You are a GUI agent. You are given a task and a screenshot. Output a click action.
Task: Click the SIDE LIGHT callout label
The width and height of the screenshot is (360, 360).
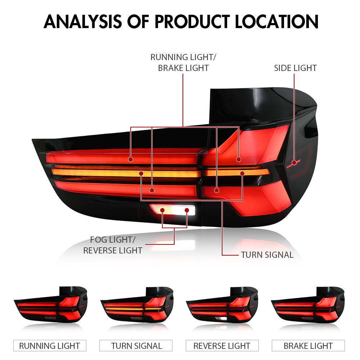coord(295,68)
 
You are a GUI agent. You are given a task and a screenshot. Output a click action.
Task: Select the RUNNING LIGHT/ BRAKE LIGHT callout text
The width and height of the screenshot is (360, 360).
coord(183,63)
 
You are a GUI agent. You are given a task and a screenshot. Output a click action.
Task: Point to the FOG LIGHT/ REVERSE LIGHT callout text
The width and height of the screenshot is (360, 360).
coord(113,245)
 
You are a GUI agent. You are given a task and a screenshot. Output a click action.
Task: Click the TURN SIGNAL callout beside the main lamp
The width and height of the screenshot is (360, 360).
coord(267,255)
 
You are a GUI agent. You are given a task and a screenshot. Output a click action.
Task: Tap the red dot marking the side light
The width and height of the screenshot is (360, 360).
coord(294,162)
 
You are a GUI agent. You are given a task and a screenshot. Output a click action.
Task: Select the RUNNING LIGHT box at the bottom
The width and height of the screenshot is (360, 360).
coord(50,346)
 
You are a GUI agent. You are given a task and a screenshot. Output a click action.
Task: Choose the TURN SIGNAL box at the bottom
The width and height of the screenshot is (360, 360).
coord(136,346)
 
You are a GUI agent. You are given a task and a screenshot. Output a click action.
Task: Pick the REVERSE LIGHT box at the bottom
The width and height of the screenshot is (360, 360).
coord(222,346)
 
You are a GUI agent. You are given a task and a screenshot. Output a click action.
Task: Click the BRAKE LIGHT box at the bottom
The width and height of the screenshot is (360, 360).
coord(308,346)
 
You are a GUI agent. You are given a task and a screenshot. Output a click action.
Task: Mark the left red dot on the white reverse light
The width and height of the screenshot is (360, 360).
coord(163,210)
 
